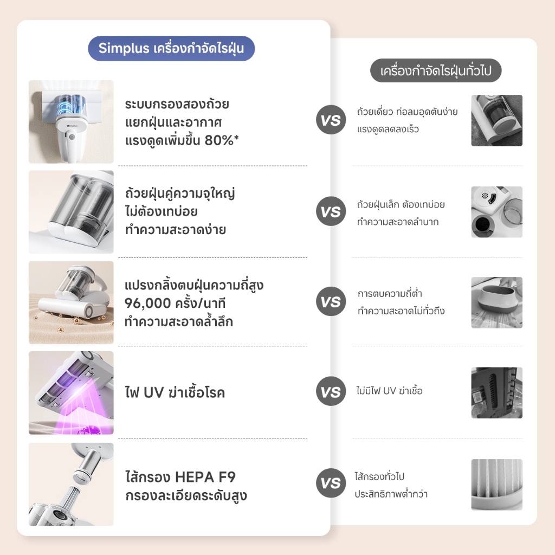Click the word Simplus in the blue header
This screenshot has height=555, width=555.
tap(124, 48)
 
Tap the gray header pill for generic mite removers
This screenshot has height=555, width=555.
tap(436, 70)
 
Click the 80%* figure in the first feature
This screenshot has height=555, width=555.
tap(222, 140)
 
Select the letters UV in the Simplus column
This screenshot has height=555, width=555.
tap(153, 392)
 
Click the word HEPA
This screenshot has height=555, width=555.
tap(195, 477)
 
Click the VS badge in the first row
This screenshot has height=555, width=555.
tap(331, 120)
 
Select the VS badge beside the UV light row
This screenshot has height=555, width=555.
tap(331, 391)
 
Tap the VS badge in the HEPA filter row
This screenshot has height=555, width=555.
tap(331, 483)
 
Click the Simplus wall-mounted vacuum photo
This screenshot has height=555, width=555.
tap(71, 122)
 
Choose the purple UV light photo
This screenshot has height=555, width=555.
tap(71, 393)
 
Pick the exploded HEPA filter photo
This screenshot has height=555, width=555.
tap(71, 484)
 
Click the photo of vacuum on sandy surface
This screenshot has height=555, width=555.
tap(71, 302)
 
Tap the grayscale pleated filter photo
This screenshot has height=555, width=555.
tap(496, 485)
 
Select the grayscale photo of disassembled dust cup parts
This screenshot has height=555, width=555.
tap(496, 212)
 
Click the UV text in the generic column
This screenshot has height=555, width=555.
tap(389, 391)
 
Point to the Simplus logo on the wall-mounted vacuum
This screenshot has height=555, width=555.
tap(72, 126)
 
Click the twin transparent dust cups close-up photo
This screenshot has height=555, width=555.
tap(71, 212)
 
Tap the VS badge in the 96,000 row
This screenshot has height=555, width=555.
tap(331, 301)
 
